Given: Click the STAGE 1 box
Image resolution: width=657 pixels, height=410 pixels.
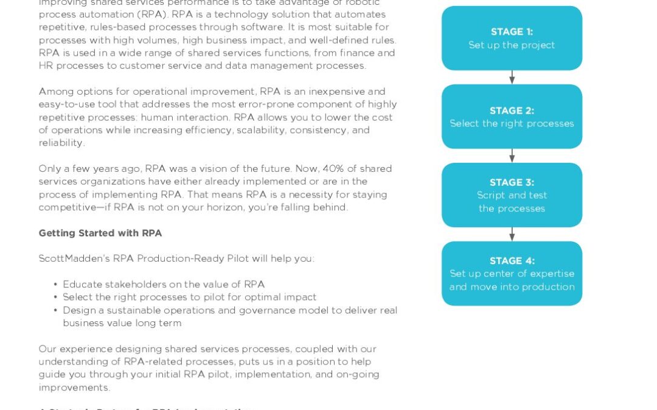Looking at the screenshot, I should pos(512,38).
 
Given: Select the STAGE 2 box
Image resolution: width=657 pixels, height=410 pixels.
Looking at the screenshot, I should pos(512,117).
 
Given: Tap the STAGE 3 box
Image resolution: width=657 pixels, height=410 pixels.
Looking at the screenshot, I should pos(512,195).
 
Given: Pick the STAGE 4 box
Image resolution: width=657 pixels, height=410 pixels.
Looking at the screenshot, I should pos(512,273).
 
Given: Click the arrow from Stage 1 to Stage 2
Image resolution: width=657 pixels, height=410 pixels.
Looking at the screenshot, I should pos(512,77).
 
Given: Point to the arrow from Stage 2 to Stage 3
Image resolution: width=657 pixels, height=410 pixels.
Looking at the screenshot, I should pos(512,155).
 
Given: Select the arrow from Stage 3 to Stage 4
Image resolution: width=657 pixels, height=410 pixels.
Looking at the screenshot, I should pos(512,234).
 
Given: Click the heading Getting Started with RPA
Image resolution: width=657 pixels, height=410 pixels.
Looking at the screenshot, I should pos(100,233).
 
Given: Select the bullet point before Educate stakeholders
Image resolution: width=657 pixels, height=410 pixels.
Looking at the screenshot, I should pos(56,284).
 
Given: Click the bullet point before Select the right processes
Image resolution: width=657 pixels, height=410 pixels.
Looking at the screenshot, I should pos(56,297).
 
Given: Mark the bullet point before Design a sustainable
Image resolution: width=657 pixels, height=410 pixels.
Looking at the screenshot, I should pos(56,310).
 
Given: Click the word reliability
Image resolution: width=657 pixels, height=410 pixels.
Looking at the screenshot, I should pos(61,143).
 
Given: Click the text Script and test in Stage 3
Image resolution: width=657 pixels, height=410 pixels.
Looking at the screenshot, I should pos(512,196).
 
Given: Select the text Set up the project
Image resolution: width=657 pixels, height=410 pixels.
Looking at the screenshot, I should pos(512,45).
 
